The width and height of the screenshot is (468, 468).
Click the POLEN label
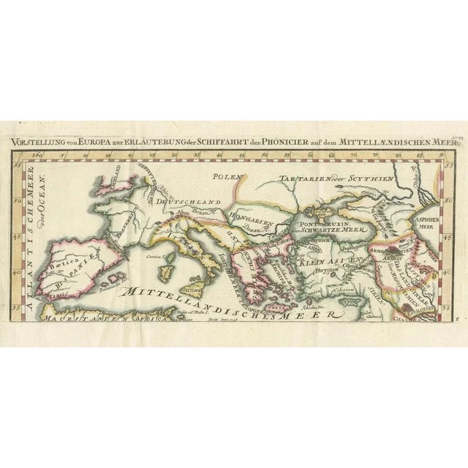227,176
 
